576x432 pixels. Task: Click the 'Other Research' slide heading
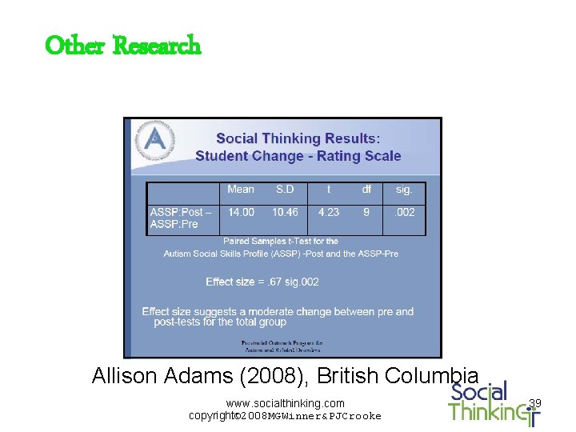point(123,46)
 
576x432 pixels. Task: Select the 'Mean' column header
point(240,190)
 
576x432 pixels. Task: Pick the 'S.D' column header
point(285,190)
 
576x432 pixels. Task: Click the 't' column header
point(328,190)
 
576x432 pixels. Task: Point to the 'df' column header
point(366,190)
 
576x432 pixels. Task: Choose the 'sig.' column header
point(404,190)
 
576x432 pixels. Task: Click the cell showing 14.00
point(241,212)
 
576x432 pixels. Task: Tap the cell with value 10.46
point(285,212)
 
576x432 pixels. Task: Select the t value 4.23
point(328,212)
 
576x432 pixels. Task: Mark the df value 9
point(366,212)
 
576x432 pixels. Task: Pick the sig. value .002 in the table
point(405,212)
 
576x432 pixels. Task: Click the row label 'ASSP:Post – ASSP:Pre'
point(181,218)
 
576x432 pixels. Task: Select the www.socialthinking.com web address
point(286,403)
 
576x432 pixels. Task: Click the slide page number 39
point(535,403)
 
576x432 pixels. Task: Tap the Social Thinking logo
point(490,402)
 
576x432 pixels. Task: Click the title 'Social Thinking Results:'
point(298,138)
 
